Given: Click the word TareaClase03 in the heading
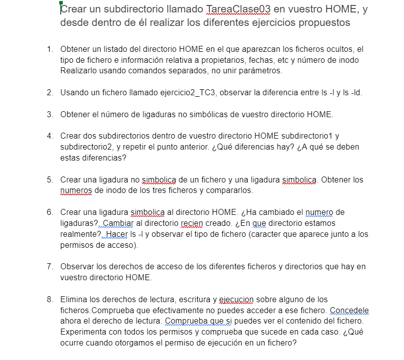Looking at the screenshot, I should (x=238, y=9).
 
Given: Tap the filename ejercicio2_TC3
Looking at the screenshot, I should (x=190, y=93).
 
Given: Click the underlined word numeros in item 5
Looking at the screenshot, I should (x=75, y=190).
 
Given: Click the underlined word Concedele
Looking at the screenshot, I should (x=348, y=311).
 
